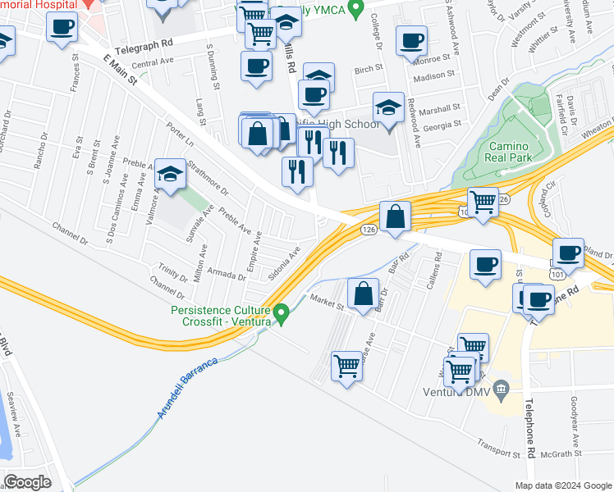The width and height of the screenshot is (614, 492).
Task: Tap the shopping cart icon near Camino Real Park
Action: tap(482, 202)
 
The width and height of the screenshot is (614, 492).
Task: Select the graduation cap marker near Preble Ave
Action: tap(170, 174)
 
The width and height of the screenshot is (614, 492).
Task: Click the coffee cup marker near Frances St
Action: tap(62, 29)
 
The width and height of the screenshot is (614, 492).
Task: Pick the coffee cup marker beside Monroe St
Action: tap(411, 40)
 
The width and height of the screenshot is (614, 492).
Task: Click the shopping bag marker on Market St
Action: tap(362, 293)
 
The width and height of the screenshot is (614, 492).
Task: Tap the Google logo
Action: tap(27, 481)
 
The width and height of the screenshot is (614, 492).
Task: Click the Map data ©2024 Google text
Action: tap(563, 485)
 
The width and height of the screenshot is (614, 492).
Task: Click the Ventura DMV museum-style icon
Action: tap(503, 387)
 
